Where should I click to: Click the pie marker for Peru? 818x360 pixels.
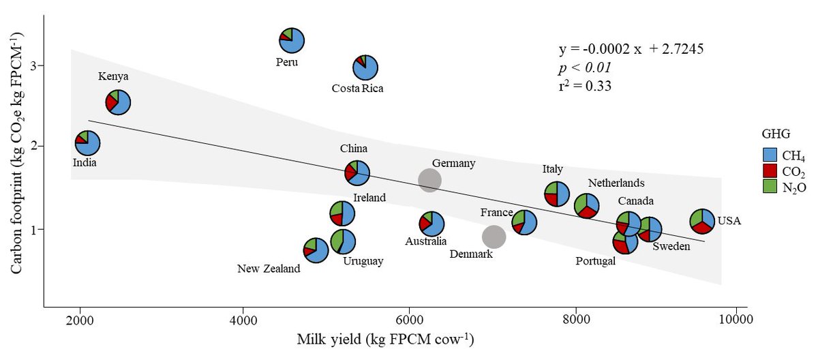click(x=292, y=40)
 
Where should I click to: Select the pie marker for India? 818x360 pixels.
click(x=87, y=143)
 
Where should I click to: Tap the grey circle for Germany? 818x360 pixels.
click(x=429, y=180)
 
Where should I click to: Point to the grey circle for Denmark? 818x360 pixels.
click(x=494, y=237)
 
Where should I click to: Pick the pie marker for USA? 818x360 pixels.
click(x=702, y=221)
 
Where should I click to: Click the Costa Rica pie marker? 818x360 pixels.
click(x=366, y=67)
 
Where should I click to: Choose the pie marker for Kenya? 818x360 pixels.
click(x=118, y=102)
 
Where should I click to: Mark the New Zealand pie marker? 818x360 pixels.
click(x=316, y=250)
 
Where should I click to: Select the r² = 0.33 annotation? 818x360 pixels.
click(x=584, y=86)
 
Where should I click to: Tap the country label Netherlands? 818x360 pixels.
click(x=616, y=183)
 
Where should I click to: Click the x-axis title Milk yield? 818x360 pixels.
click(x=384, y=339)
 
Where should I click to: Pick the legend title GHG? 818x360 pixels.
click(x=775, y=135)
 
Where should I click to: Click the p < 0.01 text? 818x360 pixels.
click(x=584, y=68)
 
